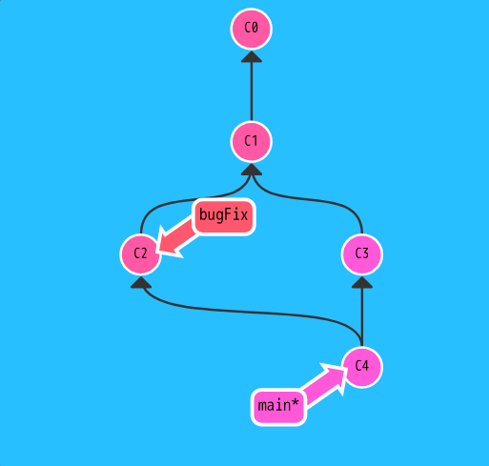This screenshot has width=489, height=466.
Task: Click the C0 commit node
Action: click(x=252, y=29)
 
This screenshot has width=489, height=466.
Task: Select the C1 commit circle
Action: click(x=252, y=141)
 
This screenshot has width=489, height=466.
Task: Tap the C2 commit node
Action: click(x=141, y=254)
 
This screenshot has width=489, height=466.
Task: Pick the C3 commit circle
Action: click(x=362, y=254)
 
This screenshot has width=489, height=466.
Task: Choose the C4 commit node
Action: click(x=362, y=367)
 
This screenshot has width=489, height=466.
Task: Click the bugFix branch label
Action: click(x=223, y=216)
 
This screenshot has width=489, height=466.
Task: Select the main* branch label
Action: click(x=278, y=407)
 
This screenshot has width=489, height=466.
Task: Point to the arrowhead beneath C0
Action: click(x=252, y=57)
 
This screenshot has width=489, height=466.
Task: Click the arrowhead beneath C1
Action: click(x=252, y=170)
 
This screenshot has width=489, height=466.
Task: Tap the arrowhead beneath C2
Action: click(x=141, y=282)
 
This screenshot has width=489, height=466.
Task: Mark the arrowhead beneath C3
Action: click(x=362, y=282)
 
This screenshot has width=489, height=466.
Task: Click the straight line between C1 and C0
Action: click(x=252, y=91)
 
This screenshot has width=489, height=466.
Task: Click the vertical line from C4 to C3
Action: click(x=362, y=317)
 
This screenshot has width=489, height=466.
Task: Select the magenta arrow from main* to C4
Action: click(x=323, y=385)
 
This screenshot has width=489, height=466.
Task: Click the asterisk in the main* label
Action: click(x=295, y=402)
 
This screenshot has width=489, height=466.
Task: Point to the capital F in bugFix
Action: click(x=228, y=214)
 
